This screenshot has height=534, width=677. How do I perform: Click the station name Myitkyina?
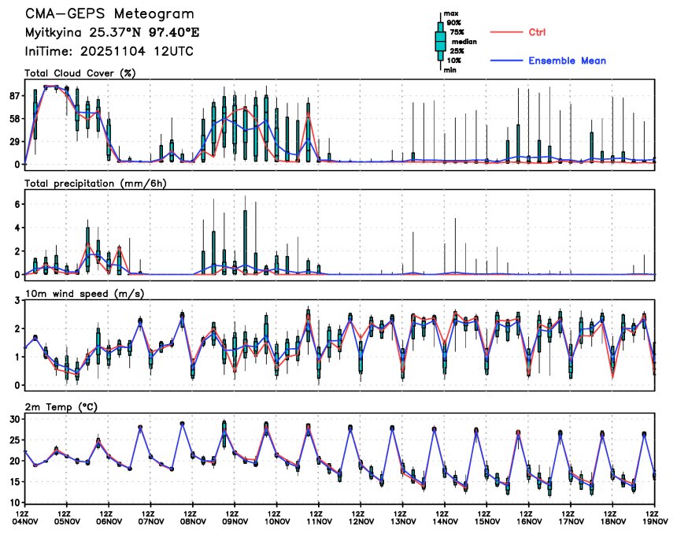[54, 32]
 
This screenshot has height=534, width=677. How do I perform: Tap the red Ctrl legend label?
[537, 32]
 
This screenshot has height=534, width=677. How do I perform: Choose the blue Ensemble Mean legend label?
[567, 61]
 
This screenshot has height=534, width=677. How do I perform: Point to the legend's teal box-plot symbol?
[441, 42]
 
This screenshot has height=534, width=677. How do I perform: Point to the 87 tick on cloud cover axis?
[14, 96]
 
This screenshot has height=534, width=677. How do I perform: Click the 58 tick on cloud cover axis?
[14, 119]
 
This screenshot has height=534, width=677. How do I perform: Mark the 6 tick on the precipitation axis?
[17, 204]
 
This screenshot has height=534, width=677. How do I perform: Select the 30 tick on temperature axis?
[14, 419]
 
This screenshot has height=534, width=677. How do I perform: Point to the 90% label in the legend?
[454, 23]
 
